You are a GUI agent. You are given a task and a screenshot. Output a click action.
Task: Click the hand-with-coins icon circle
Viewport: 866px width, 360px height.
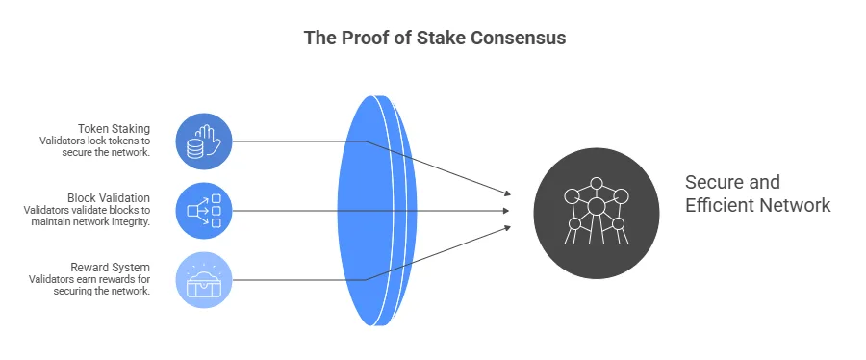pyautogui.click(x=204, y=141)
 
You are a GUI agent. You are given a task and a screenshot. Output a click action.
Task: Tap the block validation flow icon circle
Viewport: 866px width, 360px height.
pyautogui.click(x=204, y=210)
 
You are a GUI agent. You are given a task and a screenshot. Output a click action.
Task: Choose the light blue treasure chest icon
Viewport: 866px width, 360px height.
pyautogui.click(x=204, y=279)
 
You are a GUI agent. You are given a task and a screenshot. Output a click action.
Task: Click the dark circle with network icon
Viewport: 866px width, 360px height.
pyautogui.click(x=596, y=211)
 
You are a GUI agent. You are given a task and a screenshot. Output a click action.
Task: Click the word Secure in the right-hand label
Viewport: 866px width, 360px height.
pyautogui.click(x=715, y=183)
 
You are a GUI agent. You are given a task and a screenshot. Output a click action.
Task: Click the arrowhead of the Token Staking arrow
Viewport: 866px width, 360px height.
pyautogui.click(x=506, y=193)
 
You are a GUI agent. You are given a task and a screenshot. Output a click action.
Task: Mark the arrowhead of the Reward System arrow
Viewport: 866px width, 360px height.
pyautogui.click(x=506, y=226)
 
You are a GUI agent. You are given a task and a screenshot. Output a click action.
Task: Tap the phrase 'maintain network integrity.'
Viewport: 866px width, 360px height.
pyautogui.click(x=90, y=223)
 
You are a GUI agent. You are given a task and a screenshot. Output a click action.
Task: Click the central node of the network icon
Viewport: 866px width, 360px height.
pyautogui.click(x=596, y=206)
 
